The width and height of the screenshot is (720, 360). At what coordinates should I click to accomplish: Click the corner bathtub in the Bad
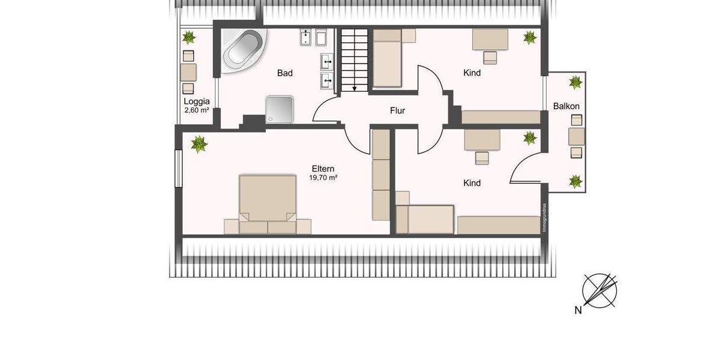(x=242, y=50)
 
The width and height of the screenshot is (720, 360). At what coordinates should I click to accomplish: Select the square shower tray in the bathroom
(x=278, y=109)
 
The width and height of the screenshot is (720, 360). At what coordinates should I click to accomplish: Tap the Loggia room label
(x=196, y=101)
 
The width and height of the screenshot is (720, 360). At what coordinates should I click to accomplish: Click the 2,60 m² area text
(x=196, y=110)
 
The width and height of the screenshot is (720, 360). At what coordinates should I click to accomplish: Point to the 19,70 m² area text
(x=323, y=178)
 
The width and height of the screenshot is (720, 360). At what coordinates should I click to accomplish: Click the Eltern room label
(x=323, y=169)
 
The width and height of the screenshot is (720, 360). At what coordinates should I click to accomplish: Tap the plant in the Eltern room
(x=198, y=144)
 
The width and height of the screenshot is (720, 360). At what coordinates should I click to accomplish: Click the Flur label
(x=397, y=110)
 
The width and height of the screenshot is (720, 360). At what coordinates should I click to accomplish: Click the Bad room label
(x=284, y=73)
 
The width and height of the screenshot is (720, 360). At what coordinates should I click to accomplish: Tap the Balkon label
(x=566, y=106)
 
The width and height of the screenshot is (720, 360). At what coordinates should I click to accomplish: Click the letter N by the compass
(x=578, y=310)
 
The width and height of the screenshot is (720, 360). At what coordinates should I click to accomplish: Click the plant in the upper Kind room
(x=530, y=38)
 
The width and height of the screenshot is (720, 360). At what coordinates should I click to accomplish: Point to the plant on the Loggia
(x=189, y=38)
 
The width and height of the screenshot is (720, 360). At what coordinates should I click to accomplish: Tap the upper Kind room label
(x=472, y=73)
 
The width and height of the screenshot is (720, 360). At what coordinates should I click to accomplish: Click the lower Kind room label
(x=472, y=182)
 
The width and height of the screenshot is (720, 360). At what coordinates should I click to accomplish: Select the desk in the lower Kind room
(x=482, y=140)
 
